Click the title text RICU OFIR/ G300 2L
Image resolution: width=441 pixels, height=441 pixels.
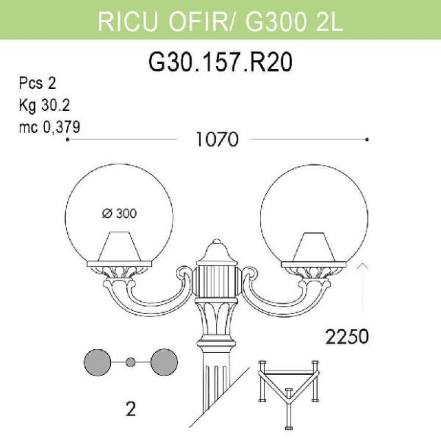pyautogui.click(x=220, y=21)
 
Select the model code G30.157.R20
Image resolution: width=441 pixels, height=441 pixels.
pyautogui.click(x=220, y=62)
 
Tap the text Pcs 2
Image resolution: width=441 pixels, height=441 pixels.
pyautogui.click(x=37, y=84)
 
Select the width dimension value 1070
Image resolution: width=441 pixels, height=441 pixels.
pyautogui.click(x=217, y=140)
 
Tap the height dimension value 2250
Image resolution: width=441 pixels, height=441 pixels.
pyautogui.click(x=347, y=335)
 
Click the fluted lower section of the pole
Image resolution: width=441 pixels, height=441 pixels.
pyautogui.click(x=217, y=395)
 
